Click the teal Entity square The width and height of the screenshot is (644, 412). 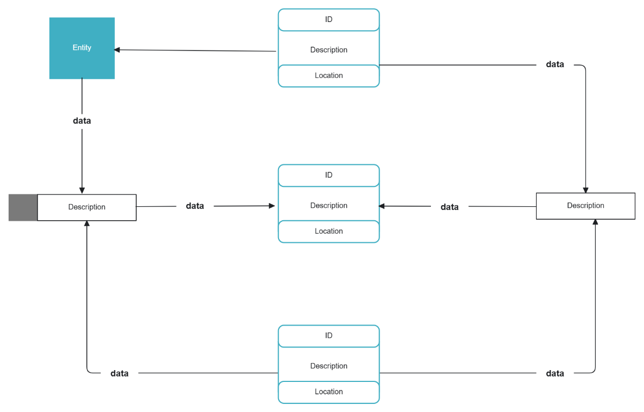[x=82, y=48]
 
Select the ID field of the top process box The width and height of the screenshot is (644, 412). [x=328, y=20]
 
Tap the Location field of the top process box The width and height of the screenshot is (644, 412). [x=328, y=76]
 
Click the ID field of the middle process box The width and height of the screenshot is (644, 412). [x=328, y=175]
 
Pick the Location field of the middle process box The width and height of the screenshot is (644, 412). [x=328, y=232]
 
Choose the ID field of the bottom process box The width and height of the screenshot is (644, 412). [x=328, y=336]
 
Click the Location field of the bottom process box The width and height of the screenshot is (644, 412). [x=328, y=392]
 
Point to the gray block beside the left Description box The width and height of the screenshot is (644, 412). [x=23, y=207]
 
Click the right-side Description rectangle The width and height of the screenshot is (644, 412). [x=586, y=206]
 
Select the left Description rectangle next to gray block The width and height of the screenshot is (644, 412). [x=87, y=207]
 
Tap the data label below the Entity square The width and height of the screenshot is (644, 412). [x=82, y=121]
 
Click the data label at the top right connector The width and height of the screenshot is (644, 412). [x=555, y=64]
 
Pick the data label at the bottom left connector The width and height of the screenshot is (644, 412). [x=119, y=373]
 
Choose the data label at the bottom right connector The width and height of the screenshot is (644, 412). [x=555, y=373]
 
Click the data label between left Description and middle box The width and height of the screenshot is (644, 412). [x=195, y=206]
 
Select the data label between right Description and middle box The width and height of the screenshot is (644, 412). [x=450, y=207]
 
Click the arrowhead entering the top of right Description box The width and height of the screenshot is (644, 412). [x=586, y=190]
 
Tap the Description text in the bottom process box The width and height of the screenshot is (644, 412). [x=328, y=366]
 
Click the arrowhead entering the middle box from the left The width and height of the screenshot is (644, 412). [x=272, y=206]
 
